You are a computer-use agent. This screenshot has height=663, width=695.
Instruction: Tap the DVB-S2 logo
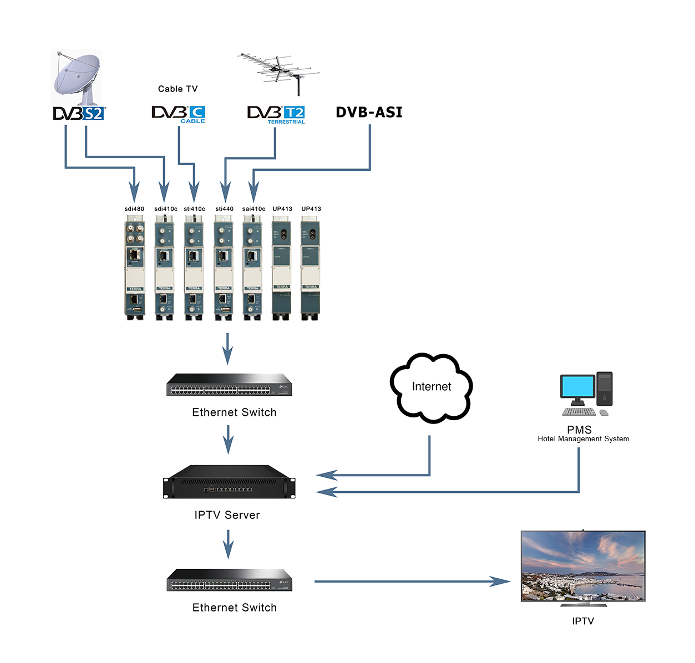tap(79, 114)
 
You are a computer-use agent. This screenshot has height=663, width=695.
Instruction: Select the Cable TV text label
tap(177, 89)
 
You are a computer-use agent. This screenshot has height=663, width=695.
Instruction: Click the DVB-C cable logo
tap(179, 114)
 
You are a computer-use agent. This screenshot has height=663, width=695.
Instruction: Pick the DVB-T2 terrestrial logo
tap(276, 114)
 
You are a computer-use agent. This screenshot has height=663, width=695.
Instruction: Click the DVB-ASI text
tap(369, 113)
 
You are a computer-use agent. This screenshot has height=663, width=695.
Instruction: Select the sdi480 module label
tap(134, 209)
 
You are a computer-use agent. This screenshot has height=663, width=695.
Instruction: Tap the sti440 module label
tap(224, 209)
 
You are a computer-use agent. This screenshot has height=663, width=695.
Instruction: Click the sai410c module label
tap(253, 209)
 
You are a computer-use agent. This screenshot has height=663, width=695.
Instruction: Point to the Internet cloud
tap(432, 387)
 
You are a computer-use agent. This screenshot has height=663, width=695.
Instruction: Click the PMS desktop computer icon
tap(586, 394)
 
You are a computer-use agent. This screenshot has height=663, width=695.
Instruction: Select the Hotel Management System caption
tap(583, 439)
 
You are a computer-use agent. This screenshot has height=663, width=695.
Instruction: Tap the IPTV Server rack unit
tap(229, 482)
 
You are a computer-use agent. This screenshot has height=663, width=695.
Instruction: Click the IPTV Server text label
tap(227, 515)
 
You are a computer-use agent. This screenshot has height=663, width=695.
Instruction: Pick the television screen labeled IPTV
tap(583, 567)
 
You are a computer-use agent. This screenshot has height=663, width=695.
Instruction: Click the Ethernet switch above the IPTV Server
tap(229, 385)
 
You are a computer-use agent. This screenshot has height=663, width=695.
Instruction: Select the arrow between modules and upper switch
tap(227, 349)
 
